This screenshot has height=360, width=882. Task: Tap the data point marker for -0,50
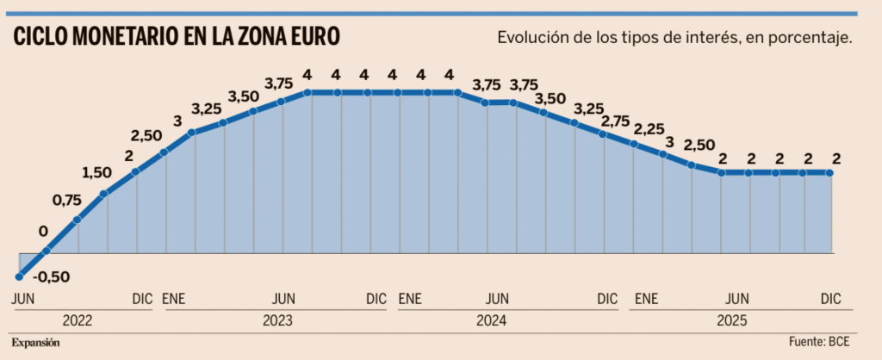(x=18, y=276)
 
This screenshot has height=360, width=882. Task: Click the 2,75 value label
(x=615, y=121)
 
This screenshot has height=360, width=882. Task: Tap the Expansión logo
(x=35, y=343)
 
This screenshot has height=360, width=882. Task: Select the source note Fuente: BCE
(x=819, y=343)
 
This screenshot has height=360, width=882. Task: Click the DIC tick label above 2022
(x=142, y=300)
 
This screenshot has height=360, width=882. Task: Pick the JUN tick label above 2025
(x=736, y=300)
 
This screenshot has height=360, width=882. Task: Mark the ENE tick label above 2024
(x=410, y=300)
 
